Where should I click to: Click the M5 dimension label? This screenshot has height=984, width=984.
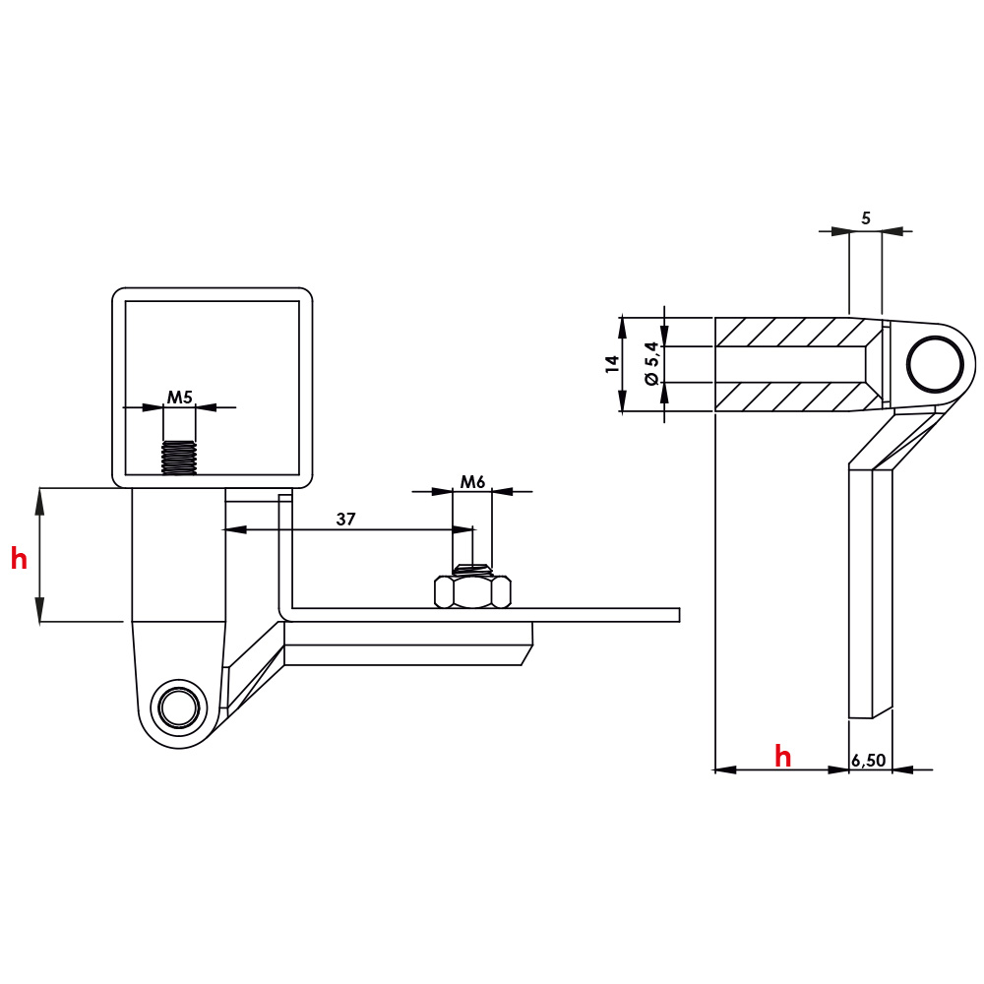coord(178,398)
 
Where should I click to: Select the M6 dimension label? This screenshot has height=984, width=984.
coord(473,482)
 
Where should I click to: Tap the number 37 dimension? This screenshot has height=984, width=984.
coord(345,519)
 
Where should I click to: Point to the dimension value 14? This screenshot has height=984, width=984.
coord(612,363)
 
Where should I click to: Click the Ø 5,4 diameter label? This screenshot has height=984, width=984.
coord(649,364)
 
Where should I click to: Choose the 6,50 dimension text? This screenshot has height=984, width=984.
coord(869,760)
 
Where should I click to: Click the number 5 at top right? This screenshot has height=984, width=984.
coord(866,218)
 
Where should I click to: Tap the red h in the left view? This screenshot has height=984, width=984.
coord(19,560)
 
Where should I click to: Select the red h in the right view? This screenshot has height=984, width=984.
coord(782,756)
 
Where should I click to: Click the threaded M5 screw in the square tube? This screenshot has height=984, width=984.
coord(179,457)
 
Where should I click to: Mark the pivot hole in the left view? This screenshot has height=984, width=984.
coord(178,707)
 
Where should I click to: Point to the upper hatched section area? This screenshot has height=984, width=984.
coord(787,332)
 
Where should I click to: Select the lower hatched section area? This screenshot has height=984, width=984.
coord(787,397)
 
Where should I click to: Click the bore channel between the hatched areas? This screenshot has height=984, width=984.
coord(787,364)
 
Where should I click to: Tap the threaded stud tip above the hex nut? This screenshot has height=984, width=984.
coord(472,568)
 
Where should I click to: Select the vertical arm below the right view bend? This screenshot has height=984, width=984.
coord(870,590)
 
